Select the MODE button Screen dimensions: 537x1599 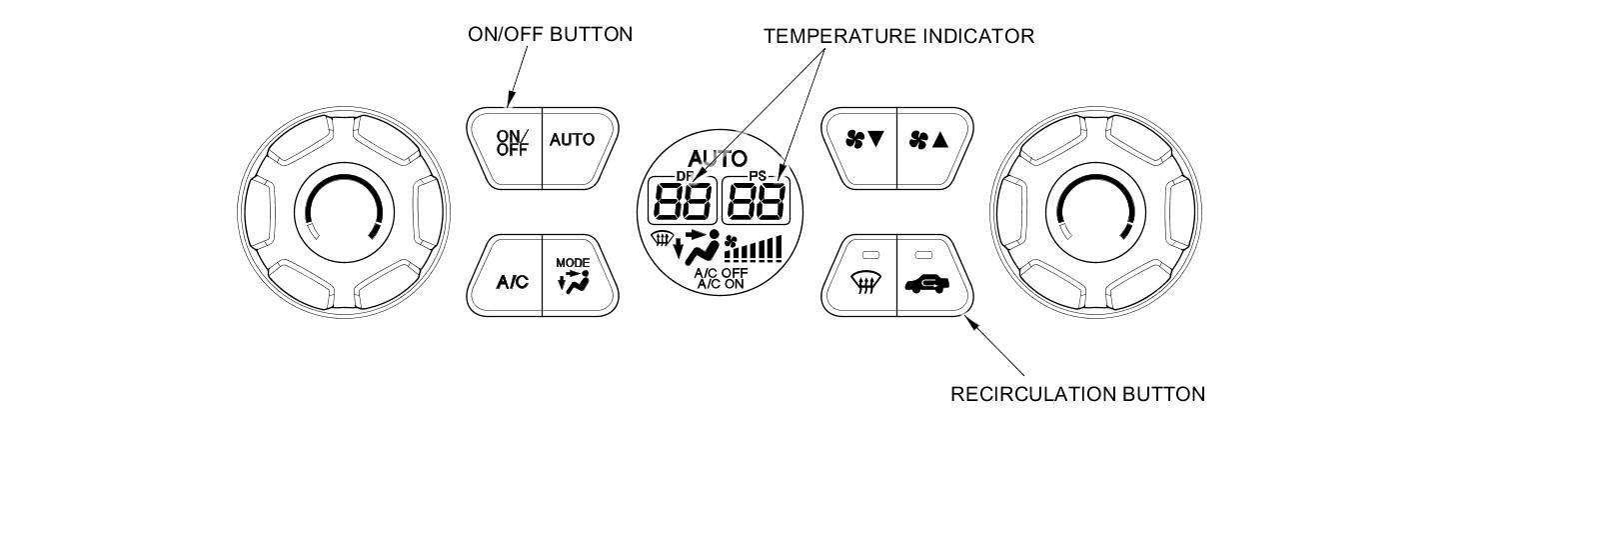[x=574, y=277]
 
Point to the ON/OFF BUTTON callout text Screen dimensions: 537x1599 [x=550, y=35]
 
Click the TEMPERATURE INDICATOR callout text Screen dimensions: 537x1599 [x=898, y=36]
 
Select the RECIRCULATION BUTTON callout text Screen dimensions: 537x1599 [x=1077, y=394]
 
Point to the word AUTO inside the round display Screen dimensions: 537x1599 [x=718, y=158]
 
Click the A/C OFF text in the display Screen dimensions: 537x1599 [x=721, y=272]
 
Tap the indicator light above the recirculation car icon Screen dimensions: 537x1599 [x=922, y=254]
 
